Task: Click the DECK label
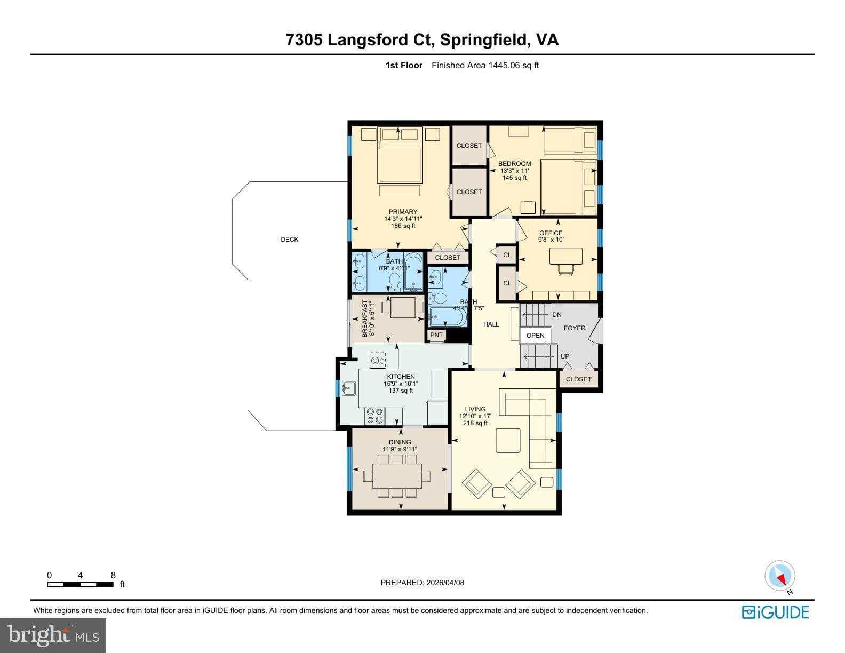290,240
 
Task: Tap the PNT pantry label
436,335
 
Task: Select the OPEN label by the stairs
535,335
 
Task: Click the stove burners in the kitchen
375,416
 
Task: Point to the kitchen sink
349,388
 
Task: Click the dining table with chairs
398,475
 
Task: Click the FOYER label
575,328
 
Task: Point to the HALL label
491,324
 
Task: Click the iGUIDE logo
775,612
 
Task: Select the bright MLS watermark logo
53,635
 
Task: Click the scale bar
81,584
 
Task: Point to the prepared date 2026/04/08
422,583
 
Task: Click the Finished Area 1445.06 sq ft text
485,66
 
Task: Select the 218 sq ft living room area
475,423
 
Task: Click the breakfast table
403,308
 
